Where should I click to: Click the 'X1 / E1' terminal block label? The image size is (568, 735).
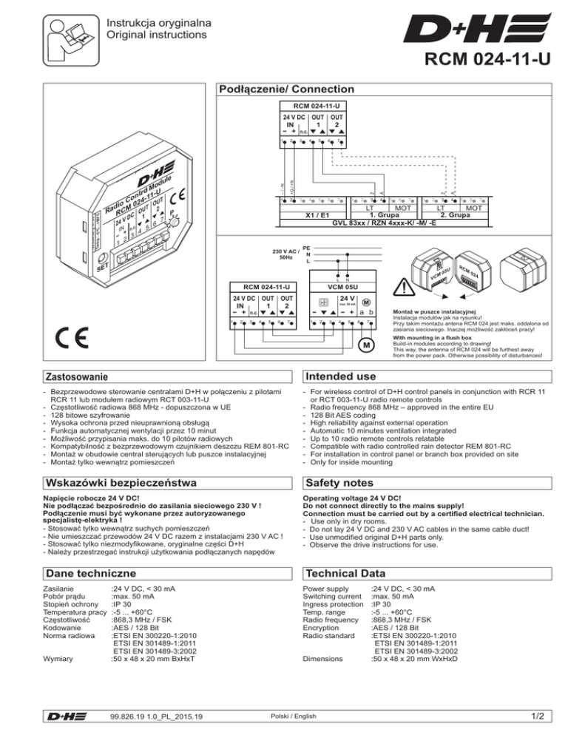point(319,215)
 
